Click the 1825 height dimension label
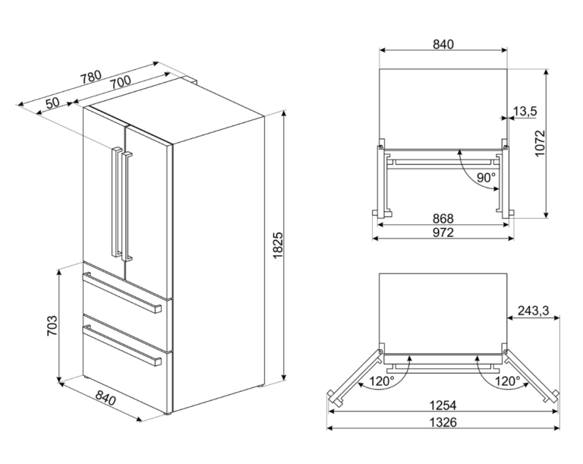point(278,245)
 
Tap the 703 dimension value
point(52,326)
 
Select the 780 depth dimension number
point(91,76)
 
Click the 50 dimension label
point(53,103)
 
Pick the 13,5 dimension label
point(525,111)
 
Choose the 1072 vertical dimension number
point(540,144)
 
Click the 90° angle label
point(487,178)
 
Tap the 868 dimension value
point(443,219)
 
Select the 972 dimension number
point(443,232)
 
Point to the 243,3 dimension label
point(534,311)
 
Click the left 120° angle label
point(382,380)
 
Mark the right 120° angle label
point(508,380)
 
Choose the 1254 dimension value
point(443,405)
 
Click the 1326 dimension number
point(443,422)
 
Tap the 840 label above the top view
point(443,44)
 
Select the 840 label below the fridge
point(106,397)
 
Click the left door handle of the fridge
point(116,202)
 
